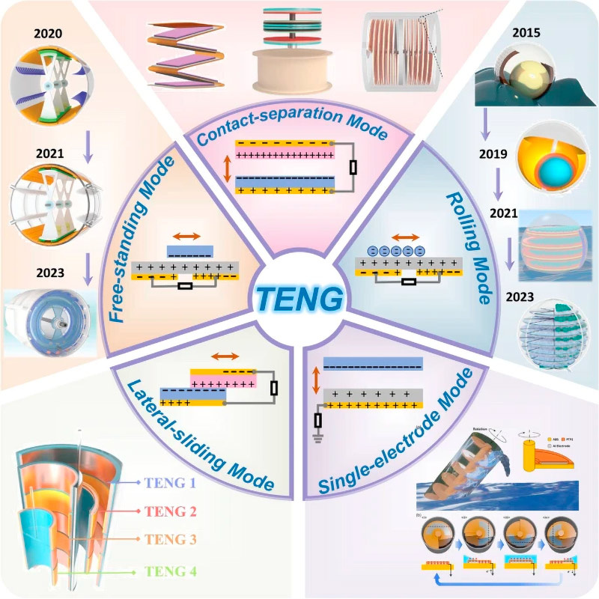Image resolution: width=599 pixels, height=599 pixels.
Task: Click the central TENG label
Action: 299,299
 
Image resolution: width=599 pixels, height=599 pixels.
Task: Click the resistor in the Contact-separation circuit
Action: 353,168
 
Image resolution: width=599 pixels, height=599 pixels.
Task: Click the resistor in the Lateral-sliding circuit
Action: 273,387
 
